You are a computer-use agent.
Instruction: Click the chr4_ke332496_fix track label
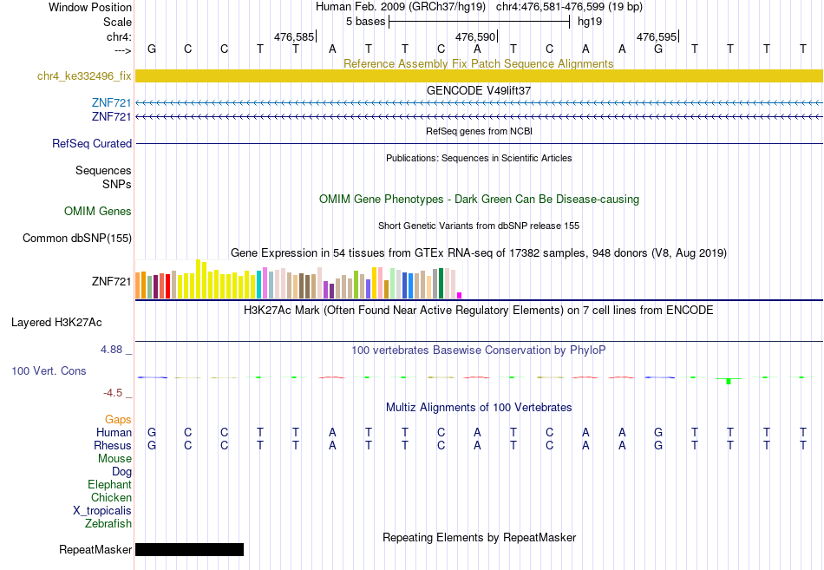[x=84, y=76]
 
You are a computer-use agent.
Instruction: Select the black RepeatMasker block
[x=189, y=549]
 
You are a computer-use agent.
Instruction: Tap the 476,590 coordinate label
[x=475, y=36]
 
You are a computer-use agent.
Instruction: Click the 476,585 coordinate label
[x=294, y=36]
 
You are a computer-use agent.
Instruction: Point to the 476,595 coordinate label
[x=657, y=36]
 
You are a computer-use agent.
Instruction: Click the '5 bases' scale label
[x=365, y=22]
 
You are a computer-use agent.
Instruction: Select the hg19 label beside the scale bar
[x=590, y=22]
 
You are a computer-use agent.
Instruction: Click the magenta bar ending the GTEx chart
[x=460, y=296]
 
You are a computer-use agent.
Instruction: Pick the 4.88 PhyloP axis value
[x=111, y=350]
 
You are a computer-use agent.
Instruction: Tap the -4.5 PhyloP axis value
[x=113, y=393]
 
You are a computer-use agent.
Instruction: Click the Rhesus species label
[x=113, y=445]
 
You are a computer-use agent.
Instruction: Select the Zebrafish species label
[x=108, y=524]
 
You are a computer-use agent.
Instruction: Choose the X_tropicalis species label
[x=102, y=511]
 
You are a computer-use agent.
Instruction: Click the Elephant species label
[x=110, y=485]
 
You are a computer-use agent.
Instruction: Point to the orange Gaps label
[x=118, y=419]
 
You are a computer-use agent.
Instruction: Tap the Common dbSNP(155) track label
[x=77, y=239]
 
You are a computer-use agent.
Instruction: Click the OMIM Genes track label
[x=98, y=211]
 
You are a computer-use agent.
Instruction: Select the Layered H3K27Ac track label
[x=56, y=323]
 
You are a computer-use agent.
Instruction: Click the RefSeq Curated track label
[x=92, y=143]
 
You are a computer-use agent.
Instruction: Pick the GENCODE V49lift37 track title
[x=479, y=90]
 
